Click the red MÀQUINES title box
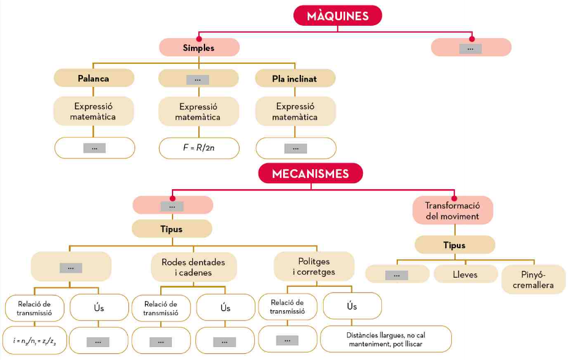pyautogui.click(x=338, y=16)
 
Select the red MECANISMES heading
pyautogui.click(x=311, y=174)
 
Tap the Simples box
pyautogui.click(x=199, y=47)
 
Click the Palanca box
pyautogui.click(x=94, y=78)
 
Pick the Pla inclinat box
pyautogui.click(x=295, y=78)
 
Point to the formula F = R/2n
pyautogui.click(x=199, y=148)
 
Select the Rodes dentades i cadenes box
pyautogui.click(x=193, y=267)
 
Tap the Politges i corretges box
pyautogui.click(x=314, y=267)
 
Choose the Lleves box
pyautogui.click(x=465, y=275)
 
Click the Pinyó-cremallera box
pyautogui.click(x=533, y=280)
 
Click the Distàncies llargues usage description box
pyautogui.click(x=386, y=338)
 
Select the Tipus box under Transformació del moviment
pyautogui.click(x=454, y=245)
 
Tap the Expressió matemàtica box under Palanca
pyautogui.click(x=93, y=111)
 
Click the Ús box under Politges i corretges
pyautogui.click(x=352, y=306)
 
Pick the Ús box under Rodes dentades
pyautogui.click(x=225, y=308)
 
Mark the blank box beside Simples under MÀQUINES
pyautogui.click(x=471, y=48)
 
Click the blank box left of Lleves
pyautogui.click(x=397, y=275)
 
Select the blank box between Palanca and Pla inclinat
pyautogui.click(x=198, y=79)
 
